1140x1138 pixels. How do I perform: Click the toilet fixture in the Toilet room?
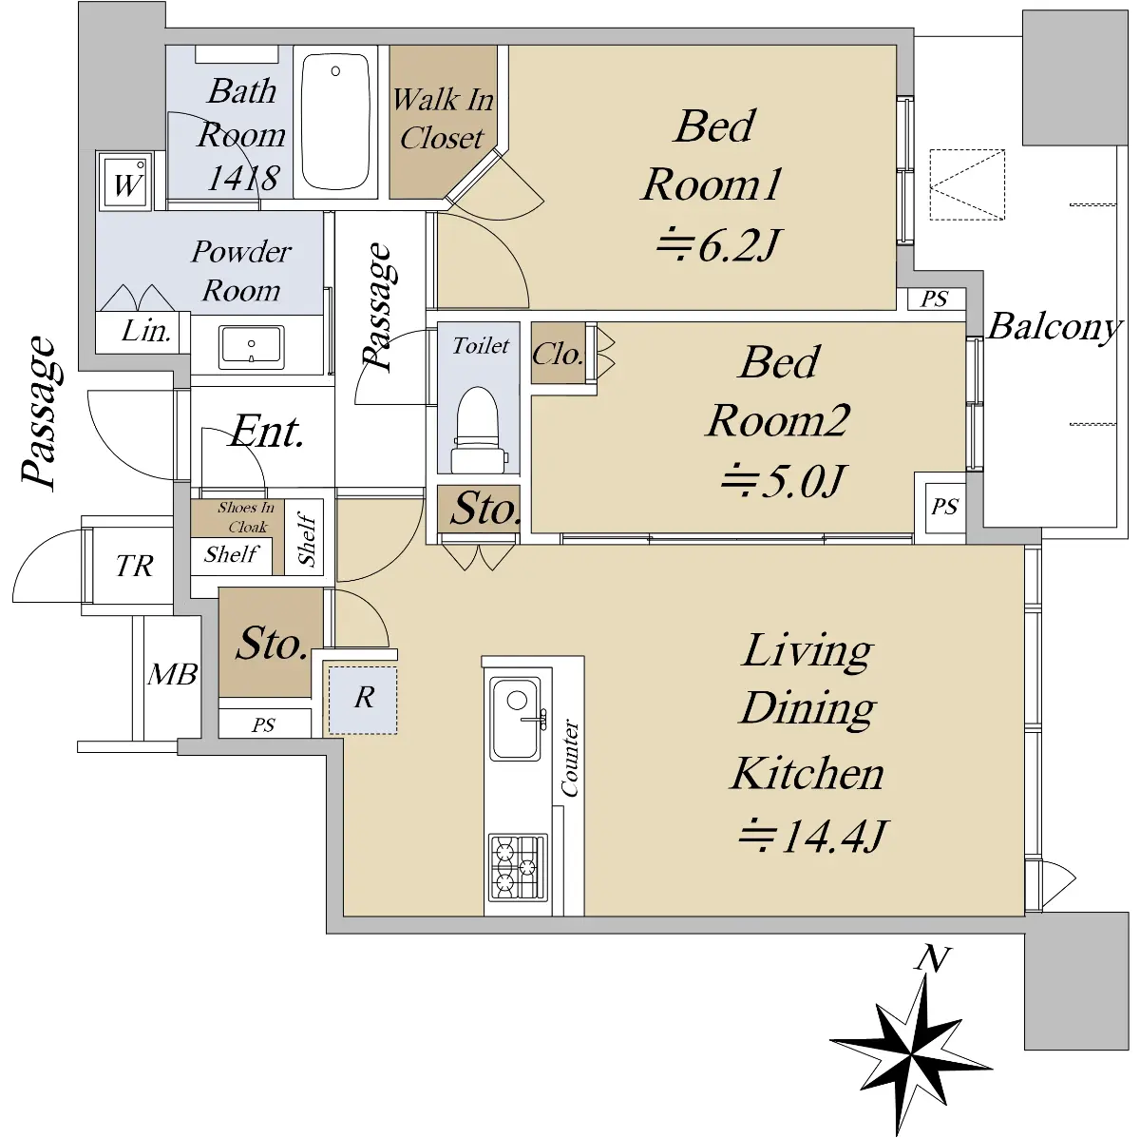479,430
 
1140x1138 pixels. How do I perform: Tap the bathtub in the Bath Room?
335,122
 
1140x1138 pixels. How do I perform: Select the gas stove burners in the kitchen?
517,867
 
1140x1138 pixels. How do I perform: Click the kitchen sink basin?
516,719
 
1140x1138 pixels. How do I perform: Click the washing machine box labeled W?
126,183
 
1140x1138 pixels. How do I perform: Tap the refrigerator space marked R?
363,701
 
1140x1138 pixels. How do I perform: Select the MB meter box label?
172,674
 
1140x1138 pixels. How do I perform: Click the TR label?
135,566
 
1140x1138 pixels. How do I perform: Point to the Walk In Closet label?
443,119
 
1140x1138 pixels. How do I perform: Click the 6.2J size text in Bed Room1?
718,245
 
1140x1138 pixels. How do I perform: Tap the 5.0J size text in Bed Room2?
783,481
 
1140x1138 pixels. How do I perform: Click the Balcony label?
1054,327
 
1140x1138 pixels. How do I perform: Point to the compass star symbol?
913,1054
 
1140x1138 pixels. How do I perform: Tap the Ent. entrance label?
267,431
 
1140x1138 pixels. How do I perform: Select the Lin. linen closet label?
146,331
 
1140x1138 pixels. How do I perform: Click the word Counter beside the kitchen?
569,758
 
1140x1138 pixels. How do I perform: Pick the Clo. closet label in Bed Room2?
558,354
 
